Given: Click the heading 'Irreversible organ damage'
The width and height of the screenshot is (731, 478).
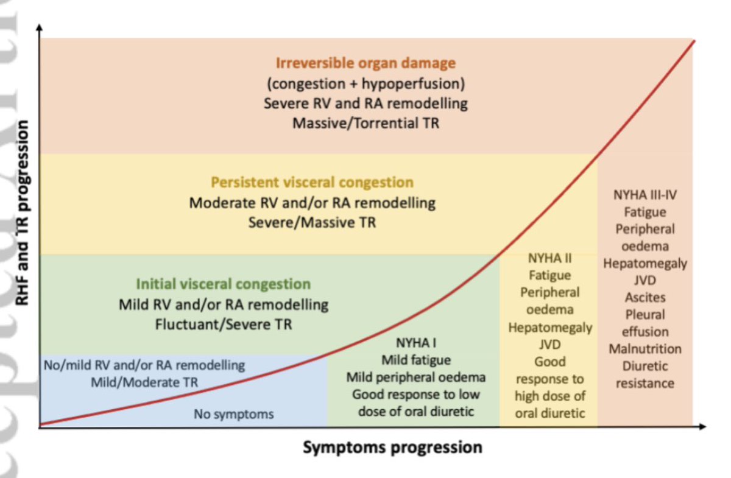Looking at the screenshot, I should (365, 63).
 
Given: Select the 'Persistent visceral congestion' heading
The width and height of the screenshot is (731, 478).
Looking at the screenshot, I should (312, 182).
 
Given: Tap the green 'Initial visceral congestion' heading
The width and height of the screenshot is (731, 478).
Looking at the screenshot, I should (223, 284).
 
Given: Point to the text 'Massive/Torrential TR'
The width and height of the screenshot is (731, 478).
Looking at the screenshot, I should (365, 122).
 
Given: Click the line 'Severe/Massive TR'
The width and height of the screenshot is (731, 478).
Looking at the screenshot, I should (312, 222).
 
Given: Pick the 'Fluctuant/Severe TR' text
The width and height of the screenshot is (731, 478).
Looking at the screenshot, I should (223, 324).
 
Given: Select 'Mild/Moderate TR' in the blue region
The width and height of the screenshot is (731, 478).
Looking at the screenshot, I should (144, 382).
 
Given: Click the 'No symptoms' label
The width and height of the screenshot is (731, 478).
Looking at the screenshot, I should (234, 415).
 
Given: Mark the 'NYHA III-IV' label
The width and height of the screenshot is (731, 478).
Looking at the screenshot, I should (645, 195).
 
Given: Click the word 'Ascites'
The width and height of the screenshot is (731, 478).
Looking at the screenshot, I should (645, 298).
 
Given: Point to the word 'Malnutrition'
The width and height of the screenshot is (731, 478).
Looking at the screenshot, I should (645, 349).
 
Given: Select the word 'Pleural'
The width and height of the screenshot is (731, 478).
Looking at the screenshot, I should (645, 315).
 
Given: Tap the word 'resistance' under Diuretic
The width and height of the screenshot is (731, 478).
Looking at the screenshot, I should (645, 383).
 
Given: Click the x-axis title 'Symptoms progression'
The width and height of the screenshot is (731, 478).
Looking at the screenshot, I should (392, 448).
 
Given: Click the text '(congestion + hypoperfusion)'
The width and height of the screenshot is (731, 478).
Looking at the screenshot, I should (365, 83).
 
